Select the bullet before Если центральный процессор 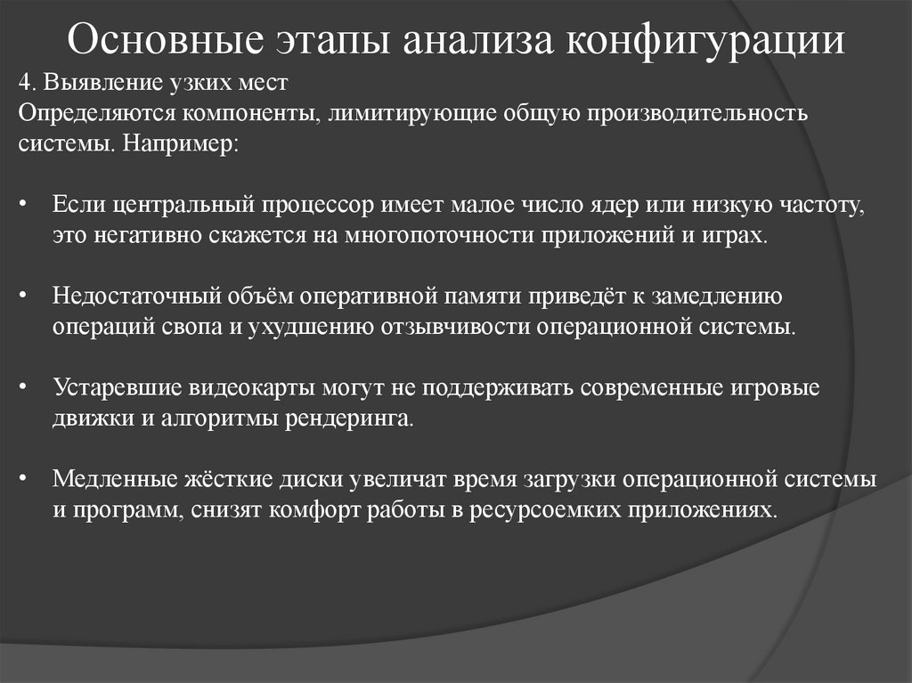coord(24,205)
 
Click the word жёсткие coord(229,479)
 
